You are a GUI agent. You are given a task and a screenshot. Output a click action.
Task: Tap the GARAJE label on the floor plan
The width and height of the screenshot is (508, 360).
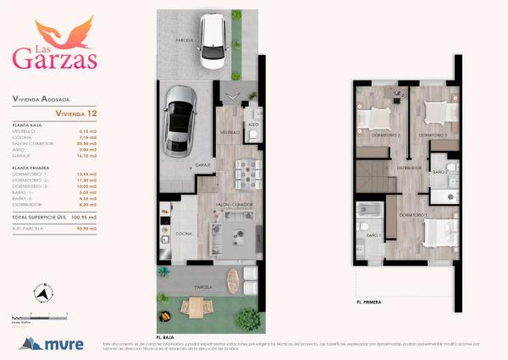pyautogui.click(x=203, y=164)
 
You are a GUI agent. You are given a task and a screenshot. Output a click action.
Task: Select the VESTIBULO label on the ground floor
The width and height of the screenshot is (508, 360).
pyautogui.click(x=230, y=132)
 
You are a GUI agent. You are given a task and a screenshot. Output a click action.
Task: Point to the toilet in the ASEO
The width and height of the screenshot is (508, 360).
pyautogui.click(x=252, y=134)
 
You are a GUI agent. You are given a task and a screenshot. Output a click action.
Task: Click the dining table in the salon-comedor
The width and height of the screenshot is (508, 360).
pyautogui.click(x=247, y=174)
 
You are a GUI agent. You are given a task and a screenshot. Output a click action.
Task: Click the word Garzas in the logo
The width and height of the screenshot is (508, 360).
pyautogui.click(x=54, y=58)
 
